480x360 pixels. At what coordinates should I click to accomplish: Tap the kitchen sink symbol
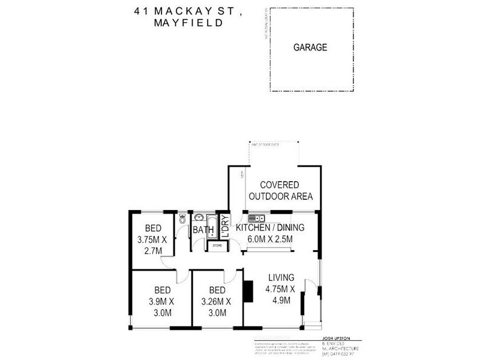[254, 217]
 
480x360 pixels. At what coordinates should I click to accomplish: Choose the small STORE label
[217, 245]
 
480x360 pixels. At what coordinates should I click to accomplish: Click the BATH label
[203, 230]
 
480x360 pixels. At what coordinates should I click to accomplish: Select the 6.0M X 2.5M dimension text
[270, 239]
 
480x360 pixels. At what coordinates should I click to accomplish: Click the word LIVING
[281, 277]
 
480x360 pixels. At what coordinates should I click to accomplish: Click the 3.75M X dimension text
[152, 240]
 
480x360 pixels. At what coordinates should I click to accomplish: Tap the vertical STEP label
[242, 175]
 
